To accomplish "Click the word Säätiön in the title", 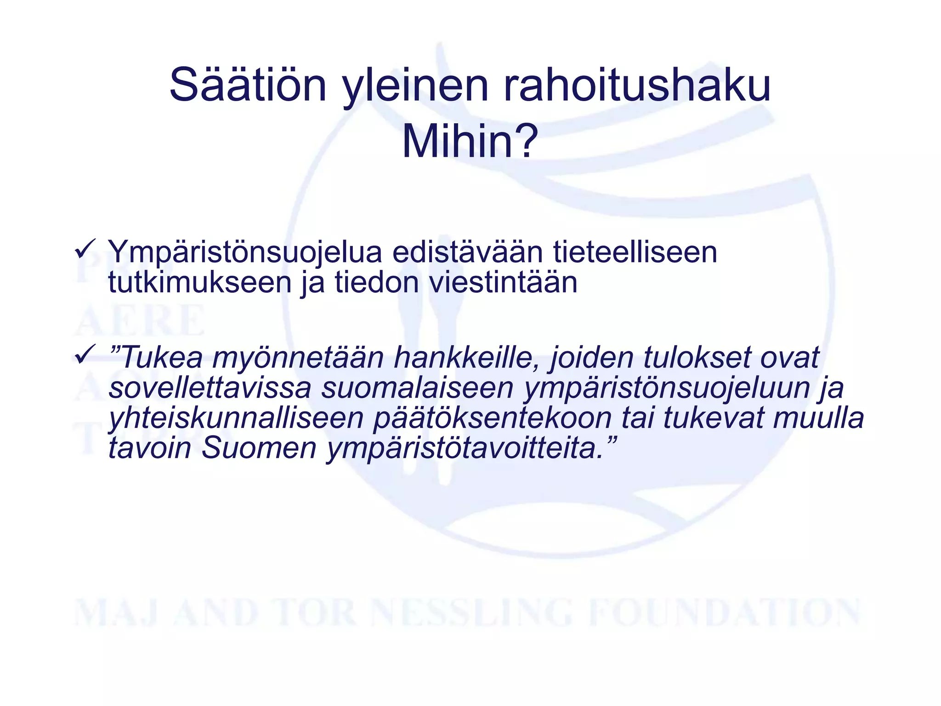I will coord(248,85).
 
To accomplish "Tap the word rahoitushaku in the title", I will coord(637,85).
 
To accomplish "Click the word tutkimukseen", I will coord(200,282).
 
